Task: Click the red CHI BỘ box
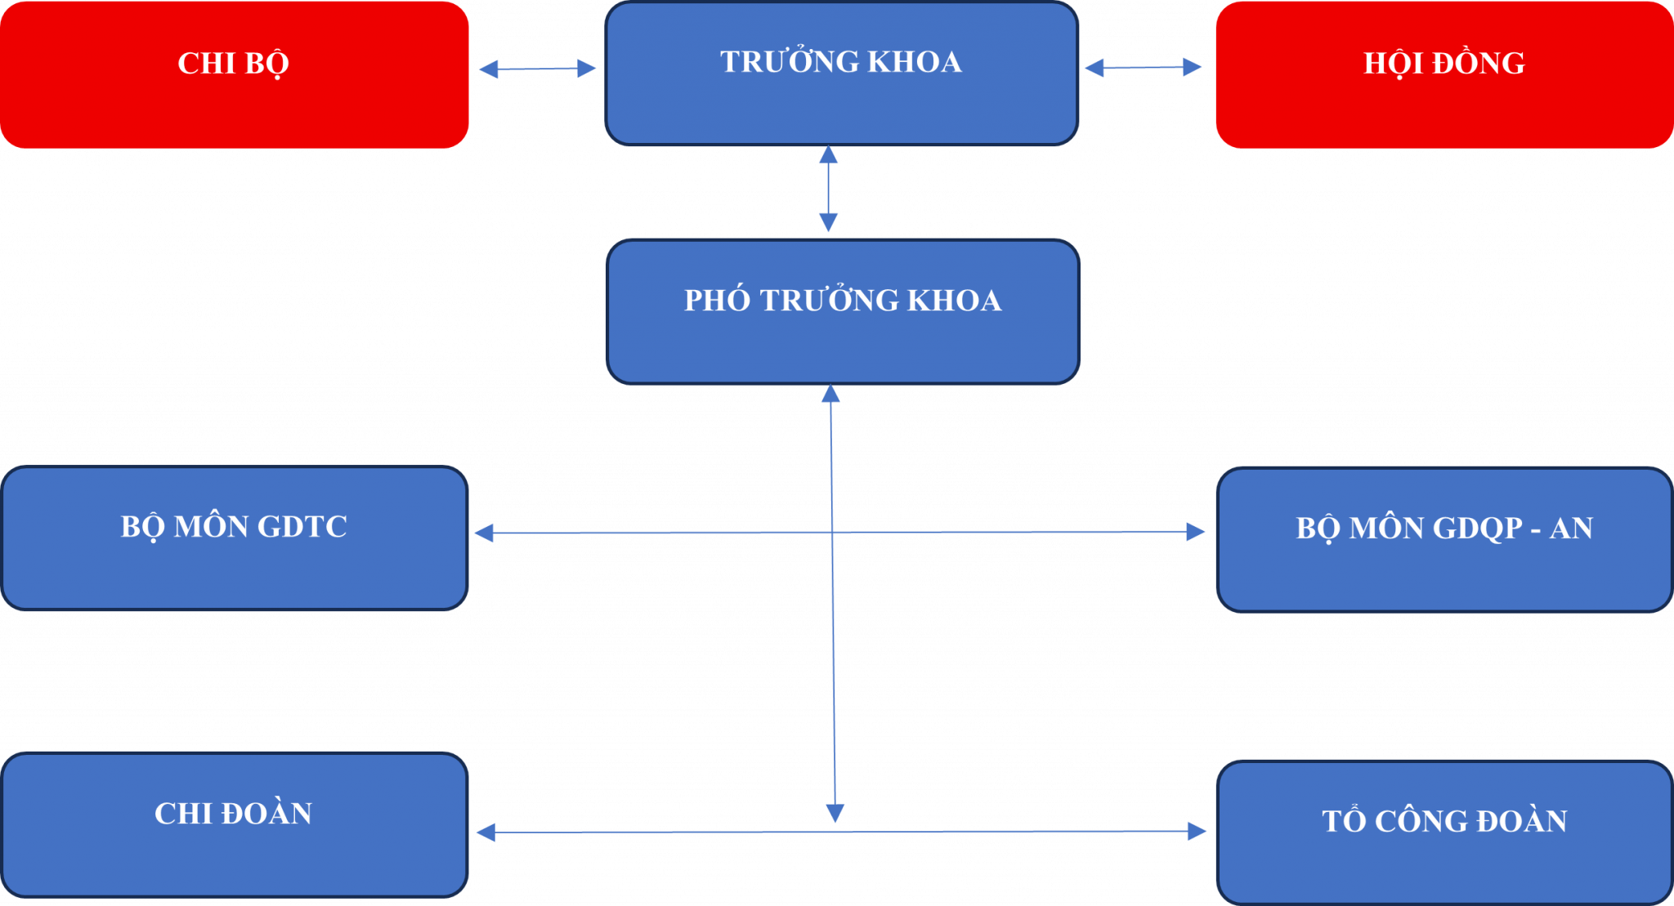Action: click(234, 74)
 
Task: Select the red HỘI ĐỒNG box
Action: click(1444, 74)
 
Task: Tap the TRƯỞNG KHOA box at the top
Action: click(841, 74)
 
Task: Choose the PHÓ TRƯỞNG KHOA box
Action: click(843, 311)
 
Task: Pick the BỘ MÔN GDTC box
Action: click(235, 538)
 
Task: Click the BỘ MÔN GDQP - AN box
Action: click(1444, 540)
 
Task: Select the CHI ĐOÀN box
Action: click(235, 824)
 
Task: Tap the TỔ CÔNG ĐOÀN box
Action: click(1444, 832)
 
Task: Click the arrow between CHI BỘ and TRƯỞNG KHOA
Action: click(537, 69)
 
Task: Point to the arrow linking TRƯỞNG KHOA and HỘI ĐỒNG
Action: click(1143, 67)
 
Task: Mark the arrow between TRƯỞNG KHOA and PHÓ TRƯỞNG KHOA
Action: click(828, 190)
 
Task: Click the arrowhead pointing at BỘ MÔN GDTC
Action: click(484, 533)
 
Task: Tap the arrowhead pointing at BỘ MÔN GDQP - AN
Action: click(1196, 532)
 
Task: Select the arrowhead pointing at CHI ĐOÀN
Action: click(486, 832)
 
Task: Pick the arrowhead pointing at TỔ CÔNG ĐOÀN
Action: click(1197, 832)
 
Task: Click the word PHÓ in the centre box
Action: click(717, 301)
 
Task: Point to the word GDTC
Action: click(302, 527)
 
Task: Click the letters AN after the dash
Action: click(1571, 529)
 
